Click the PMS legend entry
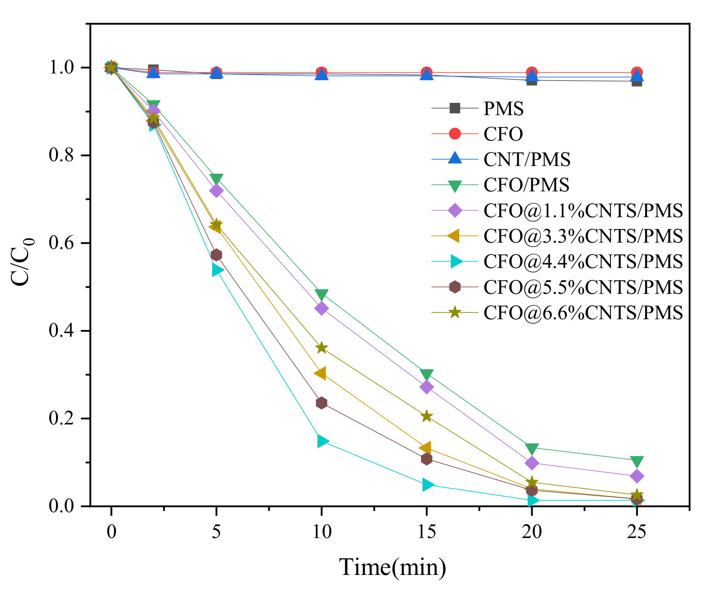tap(503, 108)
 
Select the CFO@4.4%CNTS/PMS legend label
tap(583, 261)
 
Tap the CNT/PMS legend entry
tap(527, 159)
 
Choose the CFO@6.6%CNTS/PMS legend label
tap(583, 312)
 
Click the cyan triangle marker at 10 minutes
tap(323, 441)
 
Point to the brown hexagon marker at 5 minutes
tap(216, 255)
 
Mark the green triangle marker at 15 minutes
tap(426, 374)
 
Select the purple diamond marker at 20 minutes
tap(532, 463)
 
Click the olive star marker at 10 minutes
tap(321, 348)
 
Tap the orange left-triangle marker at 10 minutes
tap(320, 373)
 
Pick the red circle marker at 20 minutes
tap(532, 73)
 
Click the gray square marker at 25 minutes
tap(636, 81)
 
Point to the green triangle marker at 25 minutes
tap(636, 461)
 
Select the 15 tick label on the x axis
tap(426, 532)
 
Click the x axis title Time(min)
tap(393, 567)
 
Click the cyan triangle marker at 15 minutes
tap(427, 485)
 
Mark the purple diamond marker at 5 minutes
tap(216, 191)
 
